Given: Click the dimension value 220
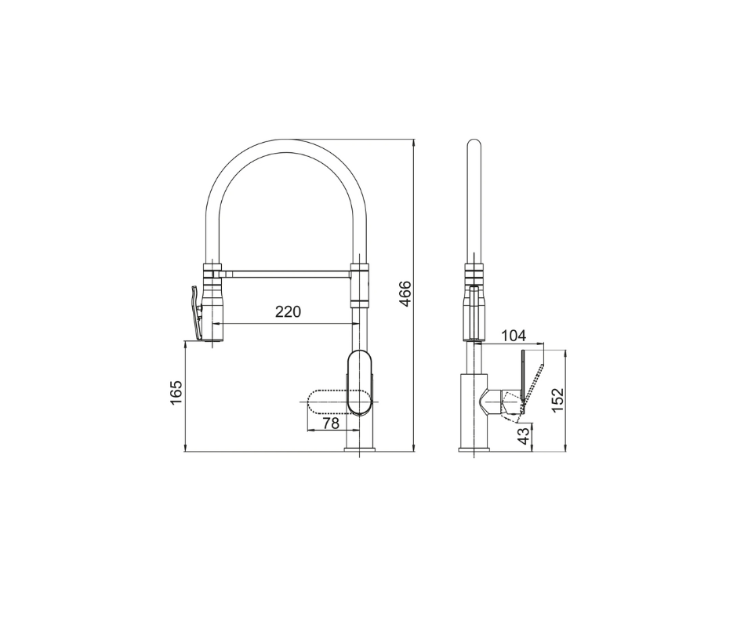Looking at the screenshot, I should click(288, 311).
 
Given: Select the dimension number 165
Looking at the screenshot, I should click(176, 392).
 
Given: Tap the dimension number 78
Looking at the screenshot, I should click(331, 424).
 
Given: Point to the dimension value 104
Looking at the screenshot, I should click(513, 336).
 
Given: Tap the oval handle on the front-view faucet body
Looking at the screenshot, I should click(359, 382).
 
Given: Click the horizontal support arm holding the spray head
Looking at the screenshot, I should click(287, 272).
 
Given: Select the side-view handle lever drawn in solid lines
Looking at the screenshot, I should click(524, 376).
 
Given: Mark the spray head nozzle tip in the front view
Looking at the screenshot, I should click(214, 339).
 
